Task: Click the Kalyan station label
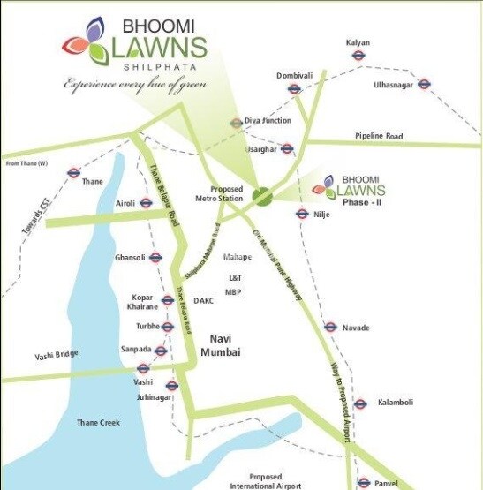click(x=358, y=42)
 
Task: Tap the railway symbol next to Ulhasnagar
click(x=424, y=85)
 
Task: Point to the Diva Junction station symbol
click(x=236, y=124)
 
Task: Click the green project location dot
click(x=261, y=195)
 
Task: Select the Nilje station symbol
click(x=300, y=212)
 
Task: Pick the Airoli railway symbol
click(x=147, y=203)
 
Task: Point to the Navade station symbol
click(x=330, y=327)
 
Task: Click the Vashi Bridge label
click(x=57, y=355)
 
